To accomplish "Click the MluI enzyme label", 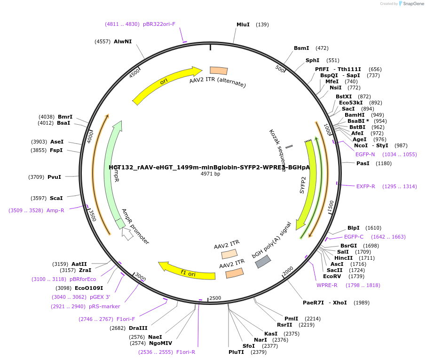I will (243, 24).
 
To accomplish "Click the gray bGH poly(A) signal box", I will (263, 261).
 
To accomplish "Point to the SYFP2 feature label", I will (303, 185).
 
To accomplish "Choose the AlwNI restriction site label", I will (123, 41).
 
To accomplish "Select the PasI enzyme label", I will (363, 163).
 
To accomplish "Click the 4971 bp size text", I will (210, 174).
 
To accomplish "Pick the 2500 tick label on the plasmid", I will (215, 298).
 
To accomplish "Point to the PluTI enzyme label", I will (236, 352).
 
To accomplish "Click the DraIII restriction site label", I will (138, 328).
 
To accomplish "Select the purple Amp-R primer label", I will (55, 210).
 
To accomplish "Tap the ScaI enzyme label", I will (56, 198).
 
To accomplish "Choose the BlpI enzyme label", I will (354, 228).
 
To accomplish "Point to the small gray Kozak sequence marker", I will (289, 147).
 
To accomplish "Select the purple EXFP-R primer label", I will (365, 186).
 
